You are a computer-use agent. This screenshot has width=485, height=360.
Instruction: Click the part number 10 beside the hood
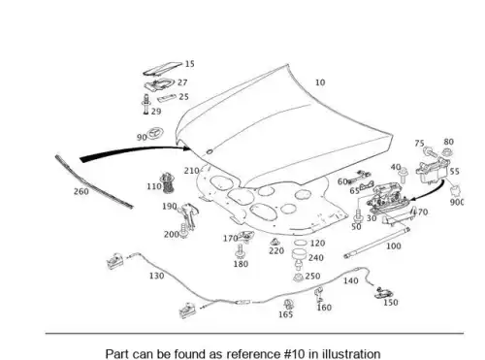(x=320, y=82)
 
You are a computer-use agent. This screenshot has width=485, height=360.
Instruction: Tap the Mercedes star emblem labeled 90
(x=155, y=134)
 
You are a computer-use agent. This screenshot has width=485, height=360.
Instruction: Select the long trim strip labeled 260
(x=94, y=181)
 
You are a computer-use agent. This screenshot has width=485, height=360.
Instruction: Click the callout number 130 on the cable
(x=156, y=276)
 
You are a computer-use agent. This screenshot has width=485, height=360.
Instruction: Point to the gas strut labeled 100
(x=377, y=243)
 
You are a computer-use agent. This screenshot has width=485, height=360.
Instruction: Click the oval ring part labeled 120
(x=301, y=243)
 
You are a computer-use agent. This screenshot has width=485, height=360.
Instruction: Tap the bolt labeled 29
(x=146, y=104)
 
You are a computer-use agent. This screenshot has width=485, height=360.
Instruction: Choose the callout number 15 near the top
(x=190, y=64)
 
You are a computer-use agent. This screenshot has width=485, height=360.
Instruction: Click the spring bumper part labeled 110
(x=166, y=183)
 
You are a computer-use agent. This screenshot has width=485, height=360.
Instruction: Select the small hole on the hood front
(x=210, y=151)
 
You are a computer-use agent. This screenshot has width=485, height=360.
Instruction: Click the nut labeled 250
(x=298, y=278)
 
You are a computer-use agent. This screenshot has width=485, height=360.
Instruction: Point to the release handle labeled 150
(x=384, y=293)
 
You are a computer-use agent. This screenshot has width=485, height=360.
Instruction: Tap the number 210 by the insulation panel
(x=191, y=171)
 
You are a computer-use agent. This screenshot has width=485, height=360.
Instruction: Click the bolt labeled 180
(x=240, y=251)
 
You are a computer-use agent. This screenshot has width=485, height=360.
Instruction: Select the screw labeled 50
(x=358, y=215)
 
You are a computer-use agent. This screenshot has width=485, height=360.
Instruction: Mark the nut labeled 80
(x=446, y=151)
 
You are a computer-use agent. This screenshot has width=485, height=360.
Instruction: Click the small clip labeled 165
(x=287, y=305)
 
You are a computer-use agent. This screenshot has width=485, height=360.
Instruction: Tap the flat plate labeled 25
(x=167, y=98)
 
